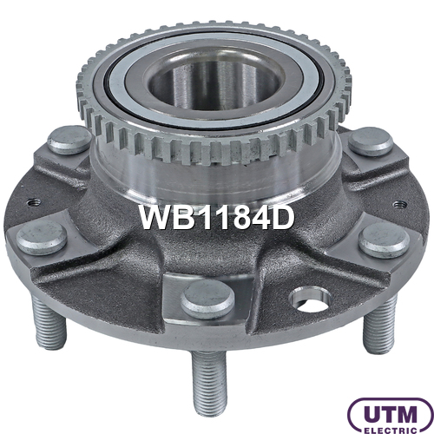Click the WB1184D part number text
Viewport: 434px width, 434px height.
(x=217, y=218)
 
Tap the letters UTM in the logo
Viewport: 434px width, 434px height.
(x=391, y=415)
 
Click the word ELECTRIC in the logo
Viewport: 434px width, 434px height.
(x=391, y=430)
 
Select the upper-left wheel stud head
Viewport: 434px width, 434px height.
(x=69, y=140)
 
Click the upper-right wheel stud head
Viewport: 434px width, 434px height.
(x=371, y=142)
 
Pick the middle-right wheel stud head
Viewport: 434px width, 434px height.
(x=385, y=240)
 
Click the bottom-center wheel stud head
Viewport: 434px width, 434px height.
(x=207, y=299)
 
